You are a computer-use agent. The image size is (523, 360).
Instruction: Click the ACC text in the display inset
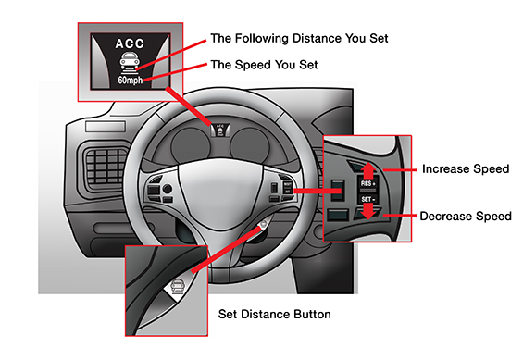(130, 43)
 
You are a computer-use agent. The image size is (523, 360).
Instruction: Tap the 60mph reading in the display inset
(131, 80)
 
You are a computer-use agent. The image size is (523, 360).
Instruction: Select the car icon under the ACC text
(131, 62)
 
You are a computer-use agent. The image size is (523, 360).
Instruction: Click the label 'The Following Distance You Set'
(299, 38)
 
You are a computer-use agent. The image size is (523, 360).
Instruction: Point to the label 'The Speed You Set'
(264, 65)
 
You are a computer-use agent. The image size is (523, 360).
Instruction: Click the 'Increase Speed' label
(466, 168)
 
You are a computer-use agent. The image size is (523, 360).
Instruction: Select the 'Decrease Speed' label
(466, 216)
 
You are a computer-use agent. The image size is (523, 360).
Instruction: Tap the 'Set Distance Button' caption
(275, 314)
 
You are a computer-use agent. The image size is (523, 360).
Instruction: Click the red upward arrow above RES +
(368, 170)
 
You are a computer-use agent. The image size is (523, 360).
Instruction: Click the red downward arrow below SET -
(367, 211)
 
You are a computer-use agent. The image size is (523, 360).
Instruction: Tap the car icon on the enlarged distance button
(177, 286)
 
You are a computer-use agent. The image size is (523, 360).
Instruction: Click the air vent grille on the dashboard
(106, 166)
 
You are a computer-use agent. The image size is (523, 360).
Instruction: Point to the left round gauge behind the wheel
(191, 145)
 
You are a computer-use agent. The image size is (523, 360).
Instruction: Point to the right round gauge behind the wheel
(250, 145)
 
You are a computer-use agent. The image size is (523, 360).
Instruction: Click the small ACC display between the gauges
(220, 130)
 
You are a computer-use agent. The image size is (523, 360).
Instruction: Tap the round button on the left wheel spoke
(168, 189)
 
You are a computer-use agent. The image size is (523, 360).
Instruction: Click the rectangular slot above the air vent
(106, 127)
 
